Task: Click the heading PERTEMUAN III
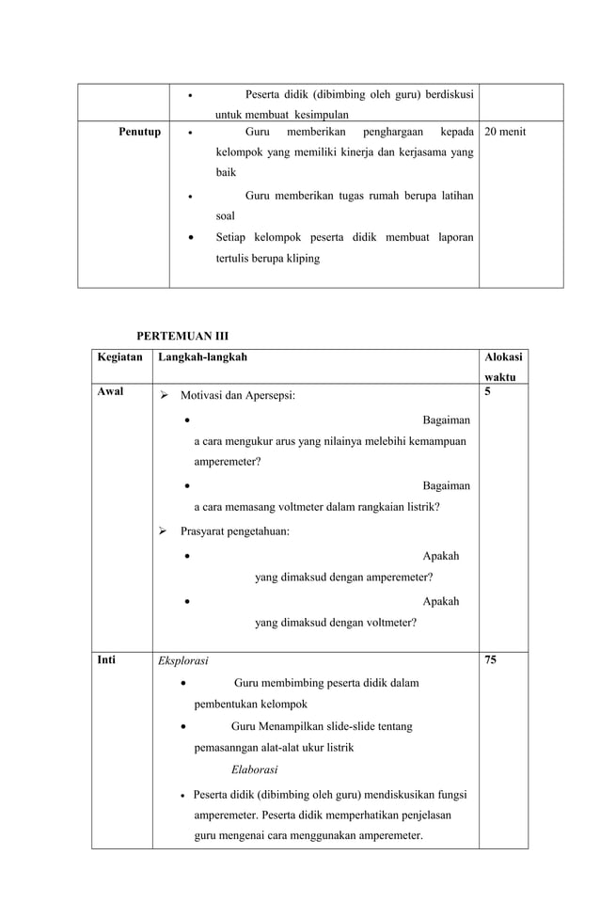[x=182, y=336]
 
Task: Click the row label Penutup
[x=139, y=132]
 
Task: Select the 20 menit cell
[x=505, y=132]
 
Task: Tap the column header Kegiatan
[x=120, y=357]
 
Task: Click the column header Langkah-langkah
[x=203, y=357]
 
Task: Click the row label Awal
[x=110, y=391]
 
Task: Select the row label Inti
[x=106, y=660]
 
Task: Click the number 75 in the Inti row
[x=490, y=660]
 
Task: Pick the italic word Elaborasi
[x=254, y=768]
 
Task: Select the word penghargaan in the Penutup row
[x=392, y=132]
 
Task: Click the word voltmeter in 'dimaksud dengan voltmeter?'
[x=383, y=622]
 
